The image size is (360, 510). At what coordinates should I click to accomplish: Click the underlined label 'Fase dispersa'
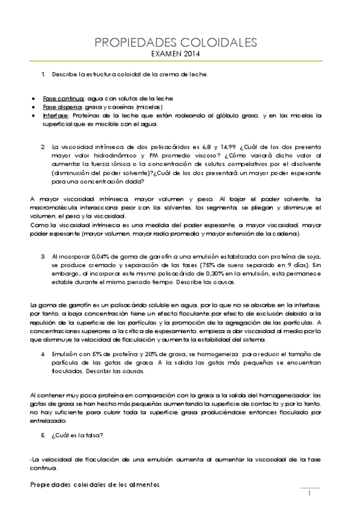click(x=63, y=106)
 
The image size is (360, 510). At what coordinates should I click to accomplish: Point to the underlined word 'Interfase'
click(x=56, y=115)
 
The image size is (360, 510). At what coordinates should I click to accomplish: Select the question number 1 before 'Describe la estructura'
click(x=43, y=74)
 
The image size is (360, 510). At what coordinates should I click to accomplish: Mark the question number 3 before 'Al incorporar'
click(x=43, y=256)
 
